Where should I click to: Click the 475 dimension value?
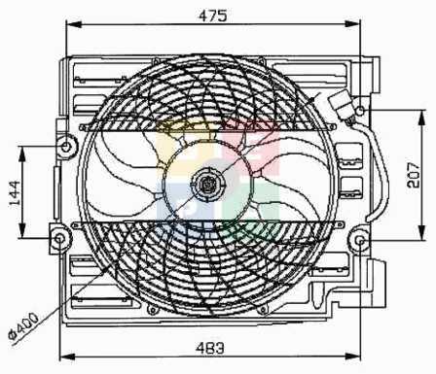coord(213,16)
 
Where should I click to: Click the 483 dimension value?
coord(210,349)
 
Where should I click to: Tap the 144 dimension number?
coord(15,193)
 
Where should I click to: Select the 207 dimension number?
coord(414,176)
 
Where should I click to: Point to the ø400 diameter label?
coord(23,325)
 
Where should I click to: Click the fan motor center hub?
coord(206,185)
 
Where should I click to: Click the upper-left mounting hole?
coord(66,147)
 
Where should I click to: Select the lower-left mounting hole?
coord(59,239)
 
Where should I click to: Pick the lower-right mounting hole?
coord(360,241)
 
